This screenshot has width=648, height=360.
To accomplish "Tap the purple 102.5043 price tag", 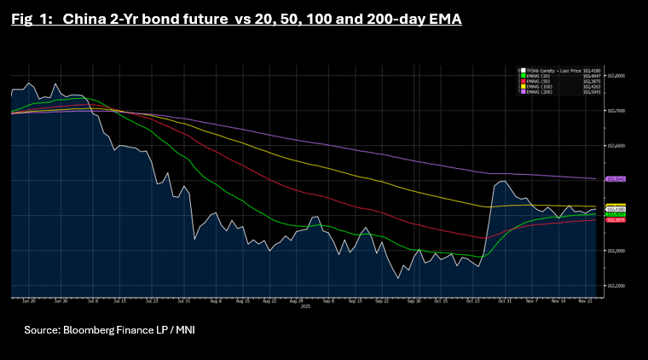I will [615, 179].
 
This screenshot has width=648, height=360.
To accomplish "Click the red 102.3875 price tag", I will [615, 220].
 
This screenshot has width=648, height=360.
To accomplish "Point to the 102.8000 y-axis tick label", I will [615, 76].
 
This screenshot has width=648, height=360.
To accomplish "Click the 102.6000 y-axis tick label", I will [615, 146].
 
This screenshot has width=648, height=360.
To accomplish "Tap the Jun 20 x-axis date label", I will [27, 301].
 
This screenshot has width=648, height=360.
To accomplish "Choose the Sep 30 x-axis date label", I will [414, 301].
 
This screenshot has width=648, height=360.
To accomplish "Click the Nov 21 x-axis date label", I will [585, 301].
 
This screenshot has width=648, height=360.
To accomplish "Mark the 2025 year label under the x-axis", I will [304, 307].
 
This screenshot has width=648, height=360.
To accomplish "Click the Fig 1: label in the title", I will [32, 18].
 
